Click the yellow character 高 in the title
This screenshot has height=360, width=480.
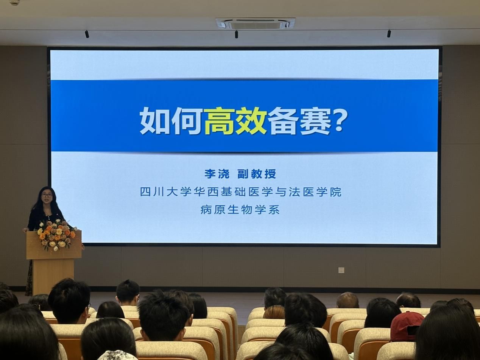[219, 121]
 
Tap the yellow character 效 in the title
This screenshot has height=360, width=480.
[251, 121]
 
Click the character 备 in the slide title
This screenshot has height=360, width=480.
[283, 121]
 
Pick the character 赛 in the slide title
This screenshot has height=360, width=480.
[315, 121]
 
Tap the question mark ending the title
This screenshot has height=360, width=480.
[339, 120]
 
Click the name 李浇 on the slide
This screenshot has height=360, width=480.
[217, 174]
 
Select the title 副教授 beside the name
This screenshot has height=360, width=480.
[257, 174]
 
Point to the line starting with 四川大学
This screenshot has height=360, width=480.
[240, 192]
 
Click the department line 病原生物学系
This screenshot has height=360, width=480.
[240, 210]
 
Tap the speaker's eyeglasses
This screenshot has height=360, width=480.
[47, 195]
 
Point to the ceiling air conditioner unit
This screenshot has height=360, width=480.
[256, 23]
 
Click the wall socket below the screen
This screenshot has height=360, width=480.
[341, 270]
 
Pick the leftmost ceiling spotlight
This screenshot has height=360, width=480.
[87, 34]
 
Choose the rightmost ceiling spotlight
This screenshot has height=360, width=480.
[389, 33]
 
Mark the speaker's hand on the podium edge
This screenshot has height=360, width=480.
[25, 230]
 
